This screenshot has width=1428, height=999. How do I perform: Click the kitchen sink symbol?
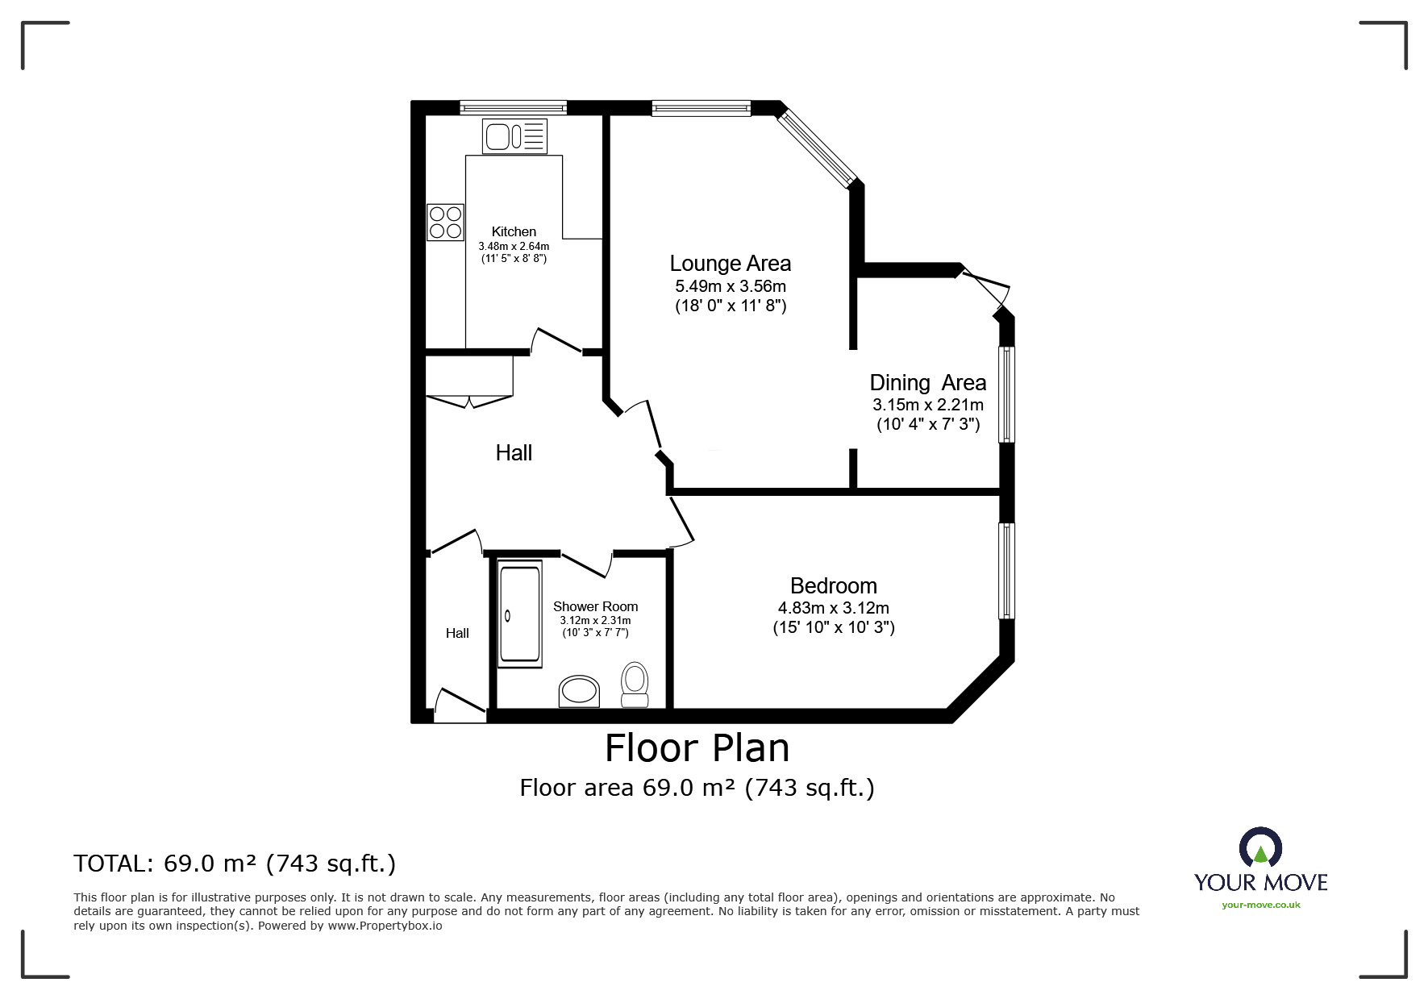(514, 135)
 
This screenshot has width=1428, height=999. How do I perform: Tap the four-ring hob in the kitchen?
(446, 223)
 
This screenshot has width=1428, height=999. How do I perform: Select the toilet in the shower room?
(635, 685)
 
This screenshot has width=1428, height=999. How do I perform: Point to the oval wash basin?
(580, 692)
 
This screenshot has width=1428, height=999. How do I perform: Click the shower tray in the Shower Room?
(520, 615)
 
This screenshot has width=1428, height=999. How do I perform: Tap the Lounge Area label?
(731, 264)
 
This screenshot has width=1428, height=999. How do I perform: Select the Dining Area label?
(928, 383)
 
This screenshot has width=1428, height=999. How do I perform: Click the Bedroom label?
(834, 586)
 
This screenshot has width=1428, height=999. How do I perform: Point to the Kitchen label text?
(514, 231)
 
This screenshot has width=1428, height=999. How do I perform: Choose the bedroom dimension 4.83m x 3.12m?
(834, 608)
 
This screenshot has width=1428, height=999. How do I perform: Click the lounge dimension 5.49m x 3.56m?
(731, 286)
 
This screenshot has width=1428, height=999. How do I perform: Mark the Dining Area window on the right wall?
(1007, 394)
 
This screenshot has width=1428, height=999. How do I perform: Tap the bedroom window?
(1007, 571)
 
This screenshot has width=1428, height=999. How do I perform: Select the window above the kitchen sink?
(514, 107)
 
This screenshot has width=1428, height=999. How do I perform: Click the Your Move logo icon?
(1260, 848)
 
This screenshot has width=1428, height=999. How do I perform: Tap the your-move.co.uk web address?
(1261, 905)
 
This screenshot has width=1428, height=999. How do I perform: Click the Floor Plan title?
(697, 748)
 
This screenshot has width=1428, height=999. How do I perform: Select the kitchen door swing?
(556, 341)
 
